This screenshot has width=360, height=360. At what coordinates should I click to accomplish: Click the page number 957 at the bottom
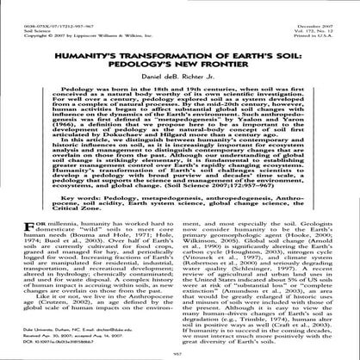click(x=180, y=353)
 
